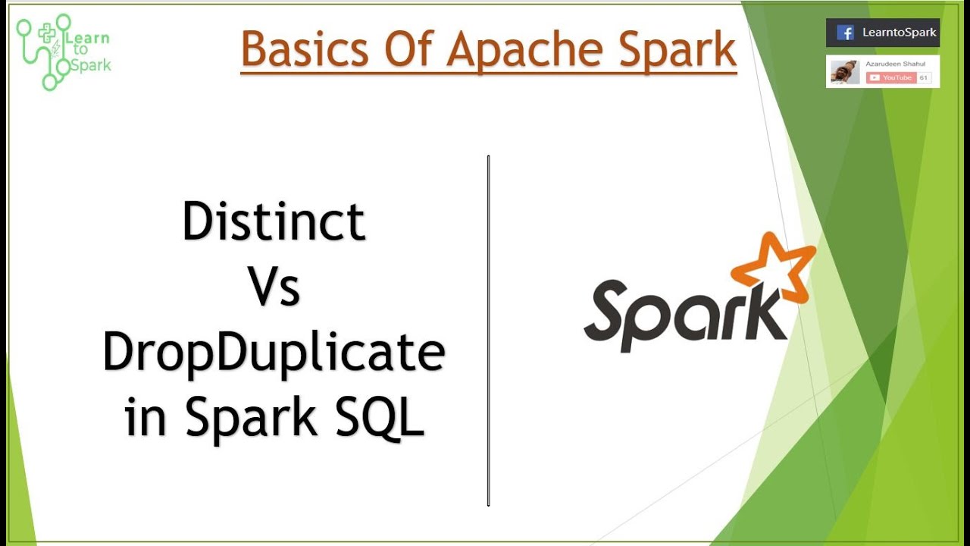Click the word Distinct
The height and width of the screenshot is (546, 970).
pyautogui.click(x=274, y=221)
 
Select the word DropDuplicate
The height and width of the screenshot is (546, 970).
pyautogui.click(x=274, y=353)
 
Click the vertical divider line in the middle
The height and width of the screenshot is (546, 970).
pyautogui.click(x=489, y=330)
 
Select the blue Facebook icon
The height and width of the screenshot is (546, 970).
pyautogui.click(x=845, y=33)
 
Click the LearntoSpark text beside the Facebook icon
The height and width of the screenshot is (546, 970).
pyautogui.click(x=899, y=33)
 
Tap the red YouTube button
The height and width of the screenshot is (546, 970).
pyautogui.click(x=891, y=77)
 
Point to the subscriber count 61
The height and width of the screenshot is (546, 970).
pyautogui.click(x=924, y=77)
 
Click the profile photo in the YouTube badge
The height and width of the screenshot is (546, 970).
pyautogui.click(x=844, y=72)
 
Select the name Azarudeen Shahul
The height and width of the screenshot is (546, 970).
pyautogui.click(x=890, y=64)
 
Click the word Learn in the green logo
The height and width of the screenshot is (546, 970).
pyautogui.click(x=89, y=38)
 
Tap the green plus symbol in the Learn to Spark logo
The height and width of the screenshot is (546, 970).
pyautogui.click(x=48, y=33)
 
